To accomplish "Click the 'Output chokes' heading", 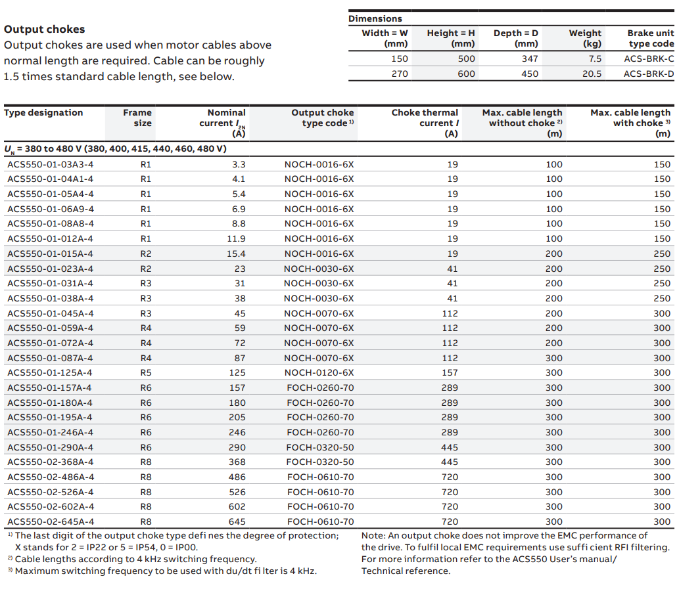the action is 45,30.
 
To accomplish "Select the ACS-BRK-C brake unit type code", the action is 649,59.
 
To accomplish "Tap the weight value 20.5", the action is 592,74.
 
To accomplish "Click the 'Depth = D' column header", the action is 516,39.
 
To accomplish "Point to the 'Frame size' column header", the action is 137,118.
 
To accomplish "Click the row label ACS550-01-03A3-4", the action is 50,164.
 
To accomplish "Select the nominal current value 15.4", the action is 236,254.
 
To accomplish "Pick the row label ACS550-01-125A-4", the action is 50,373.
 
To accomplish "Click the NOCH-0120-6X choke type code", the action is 319,373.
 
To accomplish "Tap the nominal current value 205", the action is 237,418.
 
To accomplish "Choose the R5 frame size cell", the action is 146,373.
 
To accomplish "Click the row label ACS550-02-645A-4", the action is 51,521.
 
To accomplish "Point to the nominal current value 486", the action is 237,477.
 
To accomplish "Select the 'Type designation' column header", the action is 43,113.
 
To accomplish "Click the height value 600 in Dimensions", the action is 467,74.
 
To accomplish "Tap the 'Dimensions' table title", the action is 375,18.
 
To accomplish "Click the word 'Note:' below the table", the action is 373,536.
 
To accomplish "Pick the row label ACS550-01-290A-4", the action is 50,447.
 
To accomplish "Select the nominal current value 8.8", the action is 239,224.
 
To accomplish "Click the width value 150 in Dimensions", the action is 400,59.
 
